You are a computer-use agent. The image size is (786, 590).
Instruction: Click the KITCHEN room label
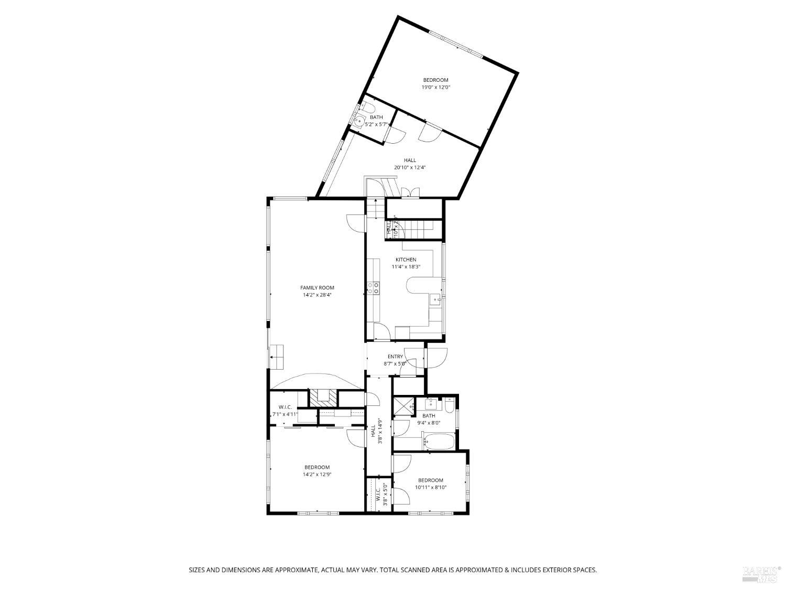(406, 260)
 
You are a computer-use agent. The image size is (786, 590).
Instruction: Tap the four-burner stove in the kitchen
(373, 287)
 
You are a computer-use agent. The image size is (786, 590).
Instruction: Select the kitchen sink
(435, 300)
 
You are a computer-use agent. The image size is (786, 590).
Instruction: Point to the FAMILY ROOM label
(317, 287)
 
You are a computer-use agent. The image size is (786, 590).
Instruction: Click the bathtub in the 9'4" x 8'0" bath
(439, 442)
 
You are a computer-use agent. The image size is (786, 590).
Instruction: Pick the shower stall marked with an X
(403, 406)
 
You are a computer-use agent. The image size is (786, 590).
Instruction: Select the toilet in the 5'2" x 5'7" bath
(368, 108)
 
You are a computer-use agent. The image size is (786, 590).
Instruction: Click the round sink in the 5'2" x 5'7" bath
(358, 122)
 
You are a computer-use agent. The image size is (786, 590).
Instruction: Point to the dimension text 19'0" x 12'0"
(436, 88)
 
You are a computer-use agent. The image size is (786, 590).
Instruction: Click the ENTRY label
(395, 357)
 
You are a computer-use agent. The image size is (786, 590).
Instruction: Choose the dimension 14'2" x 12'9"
(317, 475)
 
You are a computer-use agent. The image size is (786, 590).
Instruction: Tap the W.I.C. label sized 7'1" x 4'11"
(285, 407)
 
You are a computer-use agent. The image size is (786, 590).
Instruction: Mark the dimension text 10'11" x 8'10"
(430, 487)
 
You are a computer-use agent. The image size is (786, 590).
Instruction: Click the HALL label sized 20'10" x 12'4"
(410, 160)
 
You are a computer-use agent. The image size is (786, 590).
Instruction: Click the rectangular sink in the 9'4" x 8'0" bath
(431, 404)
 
